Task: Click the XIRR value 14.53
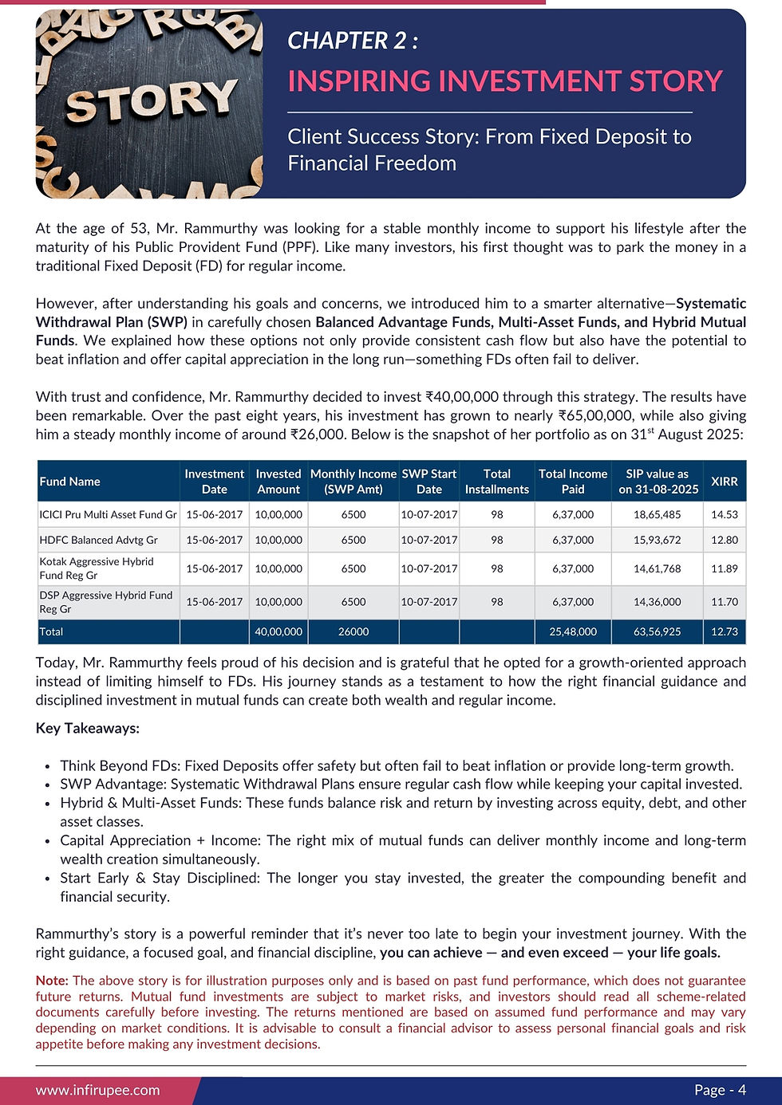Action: pyautogui.click(x=724, y=515)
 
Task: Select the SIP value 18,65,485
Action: pyautogui.click(x=657, y=515)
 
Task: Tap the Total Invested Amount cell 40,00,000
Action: pyautogui.click(x=278, y=631)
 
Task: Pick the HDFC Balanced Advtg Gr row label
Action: pyautogui.click(x=98, y=540)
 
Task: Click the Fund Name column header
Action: pyautogui.click(x=69, y=482)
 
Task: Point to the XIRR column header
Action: pyautogui.click(x=724, y=482)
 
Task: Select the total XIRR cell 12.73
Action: pyautogui.click(x=724, y=631)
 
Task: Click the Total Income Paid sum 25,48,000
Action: pyautogui.click(x=572, y=631)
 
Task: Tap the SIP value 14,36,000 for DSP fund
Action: pyautogui.click(x=657, y=602)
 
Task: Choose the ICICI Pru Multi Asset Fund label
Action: pyautogui.click(x=108, y=515)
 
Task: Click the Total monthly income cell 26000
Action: pyautogui.click(x=353, y=631)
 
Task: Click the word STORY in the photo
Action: pyautogui.click(x=151, y=101)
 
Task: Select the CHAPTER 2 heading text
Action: pyautogui.click(x=352, y=41)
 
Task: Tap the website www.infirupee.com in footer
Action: pyautogui.click(x=97, y=1090)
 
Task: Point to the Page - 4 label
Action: pyautogui.click(x=720, y=1090)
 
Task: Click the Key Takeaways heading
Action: pyautogui.click(x=88, y=728)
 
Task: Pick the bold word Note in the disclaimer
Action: pyautogui.click(x=52, y=981)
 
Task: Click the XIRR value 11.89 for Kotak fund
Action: pyautogui.click(x=724, y=568)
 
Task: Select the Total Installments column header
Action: pyautogui.click(x=496, y=482)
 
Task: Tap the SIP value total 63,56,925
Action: pyautogui.click(x=657, y=631)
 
